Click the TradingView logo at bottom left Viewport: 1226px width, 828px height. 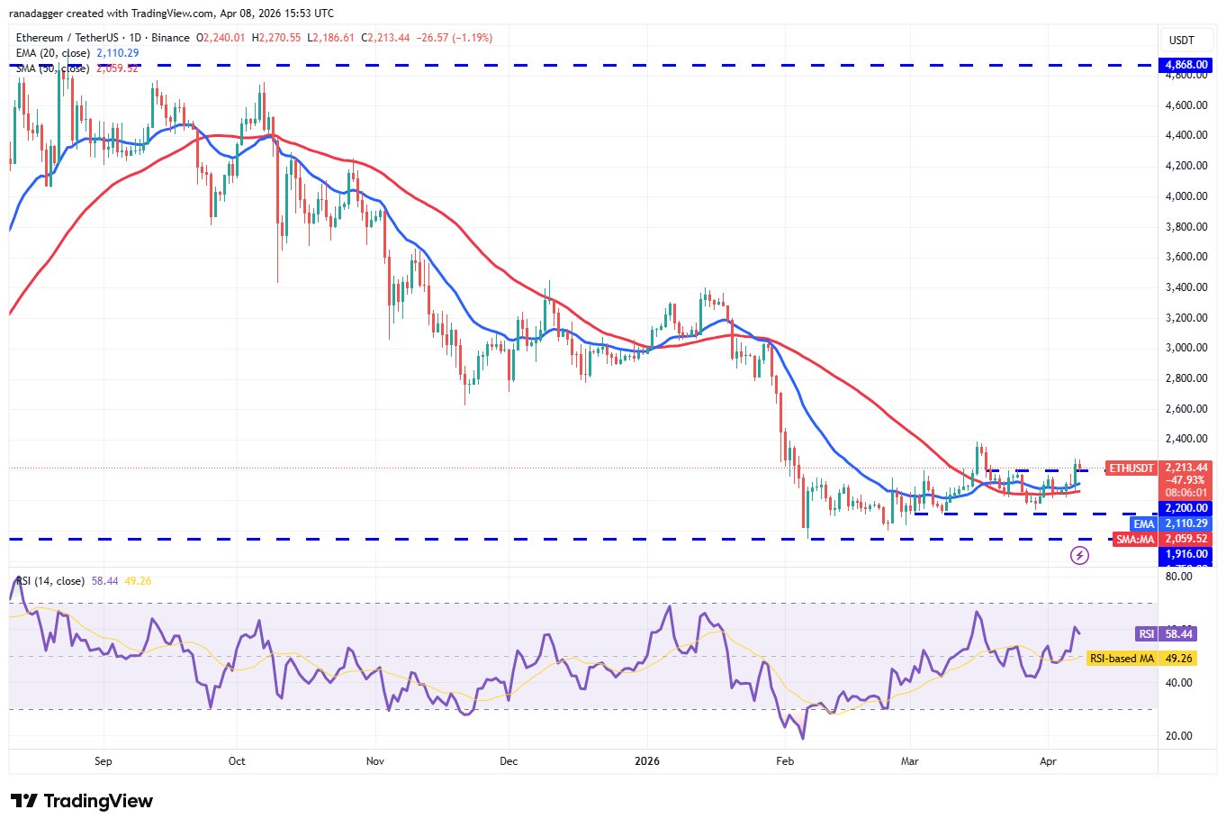82,801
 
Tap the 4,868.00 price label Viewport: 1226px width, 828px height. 1186,65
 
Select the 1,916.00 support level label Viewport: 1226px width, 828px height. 1186,554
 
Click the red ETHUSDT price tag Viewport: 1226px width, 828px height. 1131,469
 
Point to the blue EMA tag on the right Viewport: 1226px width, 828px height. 1143,523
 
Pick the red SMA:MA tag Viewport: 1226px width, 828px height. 1135,539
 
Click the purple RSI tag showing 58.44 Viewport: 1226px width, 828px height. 1146,634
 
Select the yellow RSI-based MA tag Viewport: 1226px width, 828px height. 1122,659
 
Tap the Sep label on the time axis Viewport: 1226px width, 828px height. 104,761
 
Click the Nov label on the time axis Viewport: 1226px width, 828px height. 375,761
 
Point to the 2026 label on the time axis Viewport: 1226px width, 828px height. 646,761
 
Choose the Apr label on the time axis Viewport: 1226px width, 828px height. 1048,761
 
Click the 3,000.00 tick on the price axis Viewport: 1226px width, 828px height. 1185,348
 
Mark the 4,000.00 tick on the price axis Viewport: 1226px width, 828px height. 1185,196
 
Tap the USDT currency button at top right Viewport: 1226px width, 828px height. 1181,41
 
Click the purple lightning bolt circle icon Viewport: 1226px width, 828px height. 1079,555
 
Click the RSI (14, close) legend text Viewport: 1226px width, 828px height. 50,581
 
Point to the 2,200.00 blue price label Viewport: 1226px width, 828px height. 1186,508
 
